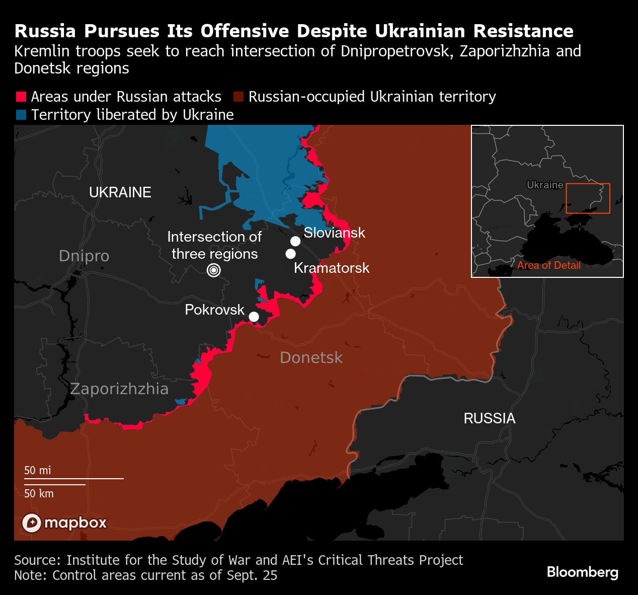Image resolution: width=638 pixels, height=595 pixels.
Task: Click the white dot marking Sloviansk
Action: pos(295,241)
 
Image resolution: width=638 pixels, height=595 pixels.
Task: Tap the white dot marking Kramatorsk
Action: pos(290,254)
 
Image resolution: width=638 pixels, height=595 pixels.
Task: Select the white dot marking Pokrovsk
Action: pos(254,317)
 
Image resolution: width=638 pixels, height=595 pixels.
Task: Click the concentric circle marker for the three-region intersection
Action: pos(214,270)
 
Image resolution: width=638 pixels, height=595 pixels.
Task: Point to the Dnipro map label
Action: pos(84,256)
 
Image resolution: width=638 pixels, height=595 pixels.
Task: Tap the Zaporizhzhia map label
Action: pos(119,389)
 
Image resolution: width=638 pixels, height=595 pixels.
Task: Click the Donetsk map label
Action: pos(311,357)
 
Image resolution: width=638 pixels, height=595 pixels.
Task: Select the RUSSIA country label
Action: pos(489,418)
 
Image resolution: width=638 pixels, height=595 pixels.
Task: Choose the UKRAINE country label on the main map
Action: pos(120,192)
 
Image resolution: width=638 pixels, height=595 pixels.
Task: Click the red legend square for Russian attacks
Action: pos(21,97)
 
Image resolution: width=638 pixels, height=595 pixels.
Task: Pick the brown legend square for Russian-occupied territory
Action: pos(238,97)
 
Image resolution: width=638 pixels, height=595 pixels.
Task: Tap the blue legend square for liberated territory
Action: pos(21,115)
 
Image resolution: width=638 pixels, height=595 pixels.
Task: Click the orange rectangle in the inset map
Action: pos(588,198)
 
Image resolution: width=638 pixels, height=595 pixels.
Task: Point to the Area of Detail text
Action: pos(548,265)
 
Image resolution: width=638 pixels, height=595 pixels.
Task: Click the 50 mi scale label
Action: pos(38,470)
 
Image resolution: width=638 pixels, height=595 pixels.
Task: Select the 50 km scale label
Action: pos(39,493)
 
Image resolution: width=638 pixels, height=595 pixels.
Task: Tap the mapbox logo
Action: pos(64,523)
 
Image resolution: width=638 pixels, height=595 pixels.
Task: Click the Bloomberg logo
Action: pos(582,572)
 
